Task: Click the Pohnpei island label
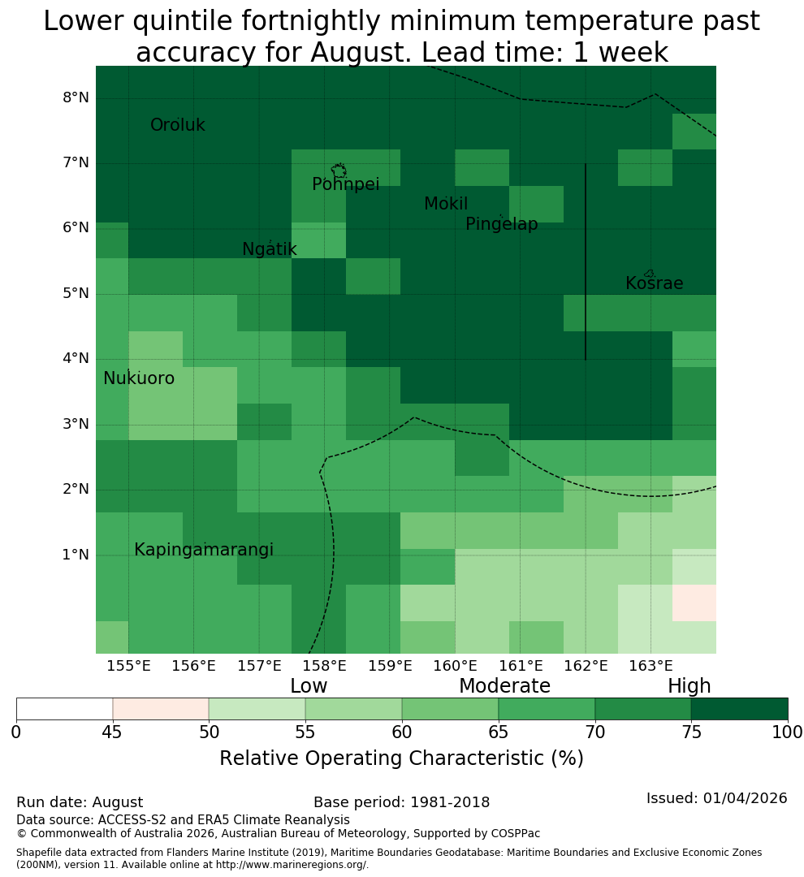click(345, 184)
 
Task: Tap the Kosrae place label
click(654, 283)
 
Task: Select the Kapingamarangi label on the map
click(204, 550)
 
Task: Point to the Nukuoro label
click(139, 378)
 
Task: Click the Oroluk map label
click(177, 125)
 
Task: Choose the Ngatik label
click(269, 249)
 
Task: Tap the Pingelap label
click(501, 224)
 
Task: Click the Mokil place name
click(445, 204)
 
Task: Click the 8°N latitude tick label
click(76, 98)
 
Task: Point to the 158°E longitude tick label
click(324, 666)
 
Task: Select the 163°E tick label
click(651, 666)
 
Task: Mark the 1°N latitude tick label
click(76, 555)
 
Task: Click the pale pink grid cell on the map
click(694, 603)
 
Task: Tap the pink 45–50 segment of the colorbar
click(161, 709)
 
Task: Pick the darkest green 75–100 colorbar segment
click(739, 709)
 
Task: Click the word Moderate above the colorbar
click(504, 685)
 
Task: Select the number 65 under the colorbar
click(498, 732)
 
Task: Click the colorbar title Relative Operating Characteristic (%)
click(401, 758)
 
